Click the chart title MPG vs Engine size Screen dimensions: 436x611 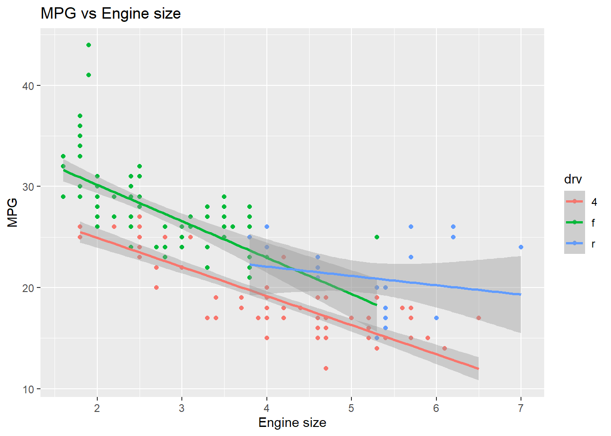coord(110,14)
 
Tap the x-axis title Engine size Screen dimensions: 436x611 coord(292,423)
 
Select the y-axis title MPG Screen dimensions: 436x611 coord(12,212)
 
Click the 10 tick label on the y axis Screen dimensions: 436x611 coord(28,389)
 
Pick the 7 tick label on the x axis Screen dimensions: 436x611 coord(521,408)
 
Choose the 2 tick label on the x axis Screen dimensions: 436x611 coord(97,408)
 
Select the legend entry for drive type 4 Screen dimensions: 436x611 coord(575,202)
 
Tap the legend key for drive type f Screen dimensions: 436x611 coord(575,223)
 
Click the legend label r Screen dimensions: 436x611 coord(593,244)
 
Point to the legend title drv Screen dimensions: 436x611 coord(573,179)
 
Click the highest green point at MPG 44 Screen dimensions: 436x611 coord(89,45)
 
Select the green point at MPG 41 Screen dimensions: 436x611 coord(89,75)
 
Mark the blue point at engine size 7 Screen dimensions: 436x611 coord(521,247)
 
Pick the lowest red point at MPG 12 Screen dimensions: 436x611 coord(326,368)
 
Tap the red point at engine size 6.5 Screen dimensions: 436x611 coord(479,318)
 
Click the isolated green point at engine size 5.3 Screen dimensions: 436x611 coord(377,237)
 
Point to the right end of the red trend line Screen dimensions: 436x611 coord(478,368)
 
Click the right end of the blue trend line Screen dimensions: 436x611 coord(521,294)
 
